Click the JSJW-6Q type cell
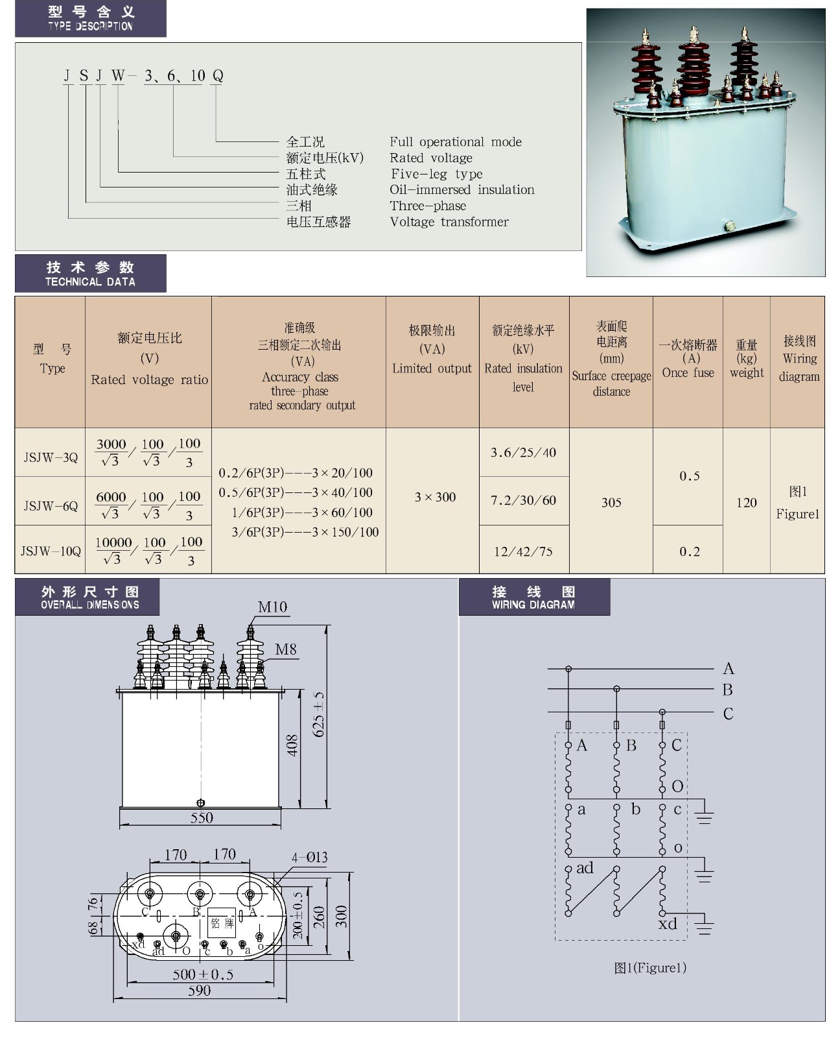tap(51, 506)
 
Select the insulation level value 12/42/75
tap(523, 551)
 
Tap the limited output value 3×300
tap(435, 497)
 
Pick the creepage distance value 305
tap(611, 502)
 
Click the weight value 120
tap(746, 502)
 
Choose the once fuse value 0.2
tap(690, 551)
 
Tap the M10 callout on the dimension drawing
tap(272, 607)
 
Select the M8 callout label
tap(286, 649)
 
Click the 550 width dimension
tap(201, 817)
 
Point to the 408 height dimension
tap(292, 745)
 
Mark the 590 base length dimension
tap(199, 990)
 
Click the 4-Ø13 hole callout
tap(309, 857)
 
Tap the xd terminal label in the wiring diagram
tap(668, 923)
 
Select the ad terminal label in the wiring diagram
tap(585, 868)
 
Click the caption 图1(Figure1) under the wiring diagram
tap(650, 967)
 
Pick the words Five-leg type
tap(437, 174)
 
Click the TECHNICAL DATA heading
tap(90, 282)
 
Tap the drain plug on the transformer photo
tap(729, 226)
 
